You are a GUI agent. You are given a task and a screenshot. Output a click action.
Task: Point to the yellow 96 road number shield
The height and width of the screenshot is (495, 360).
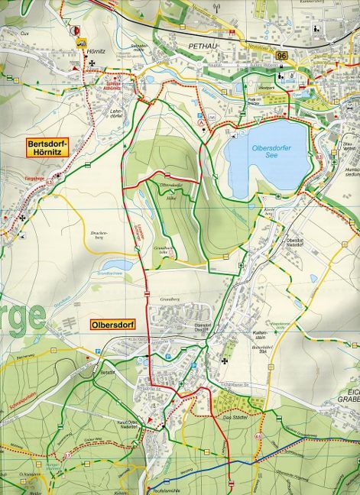click(x=283, y=56)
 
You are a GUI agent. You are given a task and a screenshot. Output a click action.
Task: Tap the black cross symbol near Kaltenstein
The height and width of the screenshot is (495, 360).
click(x=225, y=361)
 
